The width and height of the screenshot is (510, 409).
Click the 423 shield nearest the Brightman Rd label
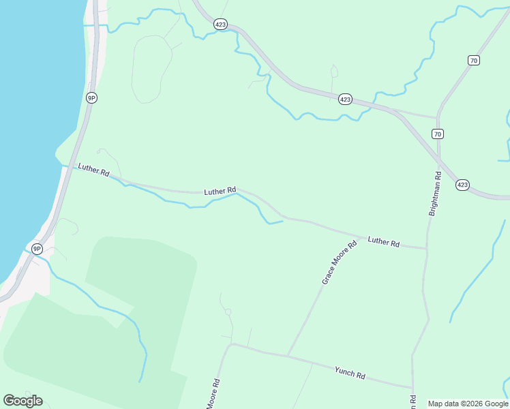pyautogui.click(x=462, y=185)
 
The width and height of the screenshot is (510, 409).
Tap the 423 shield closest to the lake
pyautogui.click(x=220, y=23)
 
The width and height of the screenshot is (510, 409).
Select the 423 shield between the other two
pyautogui.click(x=345, y=100)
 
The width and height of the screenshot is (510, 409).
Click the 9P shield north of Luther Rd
pyautogui.click(x=91, y=97)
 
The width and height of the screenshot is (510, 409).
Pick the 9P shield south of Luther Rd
pyautogui.click(x=37, y=249)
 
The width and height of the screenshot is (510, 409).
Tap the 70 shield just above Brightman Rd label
pyautogui.click(x=438, y=133)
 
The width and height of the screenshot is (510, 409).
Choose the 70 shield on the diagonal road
pyautogui.click(x=474, y=61)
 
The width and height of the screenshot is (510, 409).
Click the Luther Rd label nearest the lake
pyautogui.click(x=93, y=170)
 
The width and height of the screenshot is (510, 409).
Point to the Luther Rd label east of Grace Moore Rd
pyautogui.click(x=383, y=241)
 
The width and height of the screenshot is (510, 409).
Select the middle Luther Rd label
pyautogui.click(x=220, y=191)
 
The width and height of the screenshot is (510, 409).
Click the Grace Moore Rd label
pyautogui.click(x=340, y=262)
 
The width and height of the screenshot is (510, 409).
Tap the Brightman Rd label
pyautogui.click(x=435, y=194)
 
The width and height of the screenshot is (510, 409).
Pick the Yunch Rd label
pyautogui.click(x=350, y=372)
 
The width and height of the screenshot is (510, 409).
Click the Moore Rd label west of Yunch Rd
pyautogui.click(x=213, y=394)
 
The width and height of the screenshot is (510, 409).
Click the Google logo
pyautogui.click(x=22, y=401)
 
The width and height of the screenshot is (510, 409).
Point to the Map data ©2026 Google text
pyautogui.click(x=468, y=404)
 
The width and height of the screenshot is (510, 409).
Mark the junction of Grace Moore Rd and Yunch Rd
pyautogui.click(x=288, y=355)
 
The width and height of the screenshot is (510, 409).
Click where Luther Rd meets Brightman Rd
pyautogui.click(x=427, y=249)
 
